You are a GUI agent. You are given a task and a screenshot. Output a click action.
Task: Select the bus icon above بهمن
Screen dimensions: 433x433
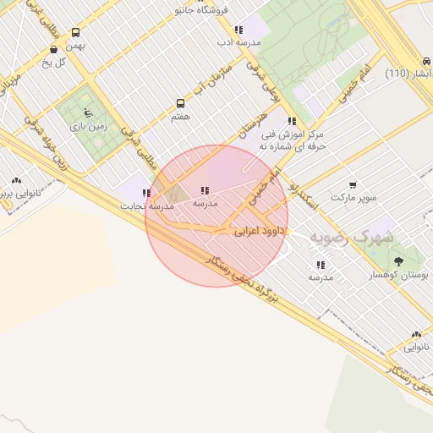(x=76, y=31)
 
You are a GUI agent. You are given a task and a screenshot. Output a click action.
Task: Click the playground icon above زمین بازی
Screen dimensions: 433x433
(x=88, y=112)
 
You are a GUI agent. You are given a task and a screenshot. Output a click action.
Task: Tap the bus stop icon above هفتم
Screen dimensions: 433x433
(x=180, y=103)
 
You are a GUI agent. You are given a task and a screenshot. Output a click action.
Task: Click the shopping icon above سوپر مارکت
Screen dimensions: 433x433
(x=353, y=184)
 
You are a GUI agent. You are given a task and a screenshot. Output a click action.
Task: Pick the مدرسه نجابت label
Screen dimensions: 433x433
(x=146, y=206)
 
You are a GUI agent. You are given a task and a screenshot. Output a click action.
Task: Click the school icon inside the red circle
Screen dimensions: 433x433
(x=204, y=191)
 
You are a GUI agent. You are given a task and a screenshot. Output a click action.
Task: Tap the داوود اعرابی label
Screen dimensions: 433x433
(x=256, y=229)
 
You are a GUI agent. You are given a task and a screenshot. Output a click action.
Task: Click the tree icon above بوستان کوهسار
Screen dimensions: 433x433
(x=398, y=261)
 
